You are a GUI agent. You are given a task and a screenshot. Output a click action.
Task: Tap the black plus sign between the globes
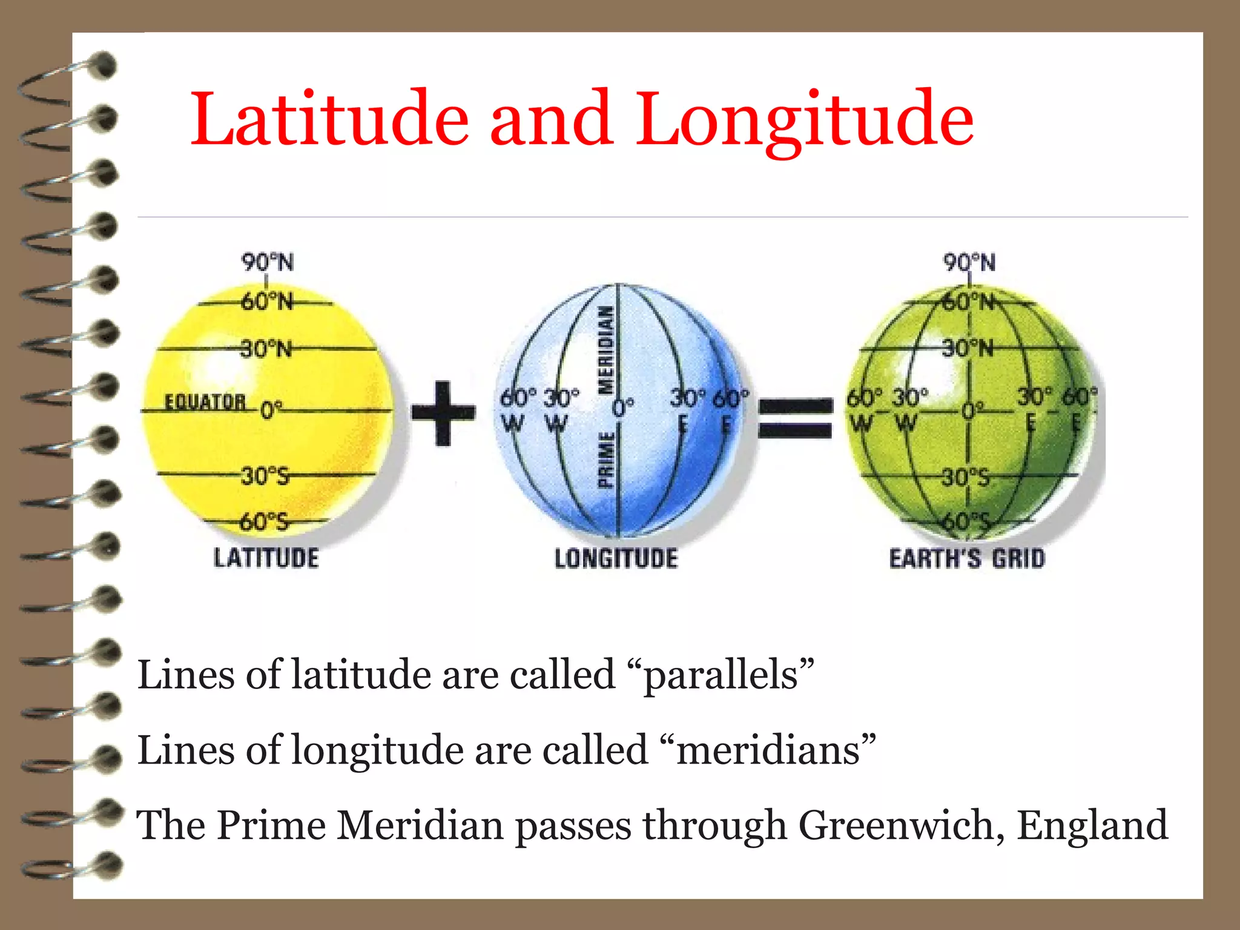[x=443, y=413]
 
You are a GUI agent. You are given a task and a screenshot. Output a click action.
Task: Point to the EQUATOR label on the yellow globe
[x=205, y=402]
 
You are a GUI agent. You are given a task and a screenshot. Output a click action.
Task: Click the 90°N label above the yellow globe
[x=268, y=263]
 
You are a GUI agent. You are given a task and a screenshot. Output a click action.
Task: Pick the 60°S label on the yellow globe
[x=265, y=521]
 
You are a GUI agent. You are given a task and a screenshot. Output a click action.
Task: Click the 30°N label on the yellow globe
[x=266, y=349]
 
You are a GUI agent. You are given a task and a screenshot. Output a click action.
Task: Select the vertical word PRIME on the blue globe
[x=606, y=460]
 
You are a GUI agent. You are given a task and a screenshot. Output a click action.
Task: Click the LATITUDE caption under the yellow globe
[x=266, y=558]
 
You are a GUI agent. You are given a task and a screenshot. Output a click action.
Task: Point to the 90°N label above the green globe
[x=969, y=263]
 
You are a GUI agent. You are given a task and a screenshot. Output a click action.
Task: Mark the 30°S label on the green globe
[x=966, y=478]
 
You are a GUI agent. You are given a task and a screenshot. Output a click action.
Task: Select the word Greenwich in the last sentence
[x=897, y=826]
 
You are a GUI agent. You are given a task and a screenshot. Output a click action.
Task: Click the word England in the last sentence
[x=1092, y=825]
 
